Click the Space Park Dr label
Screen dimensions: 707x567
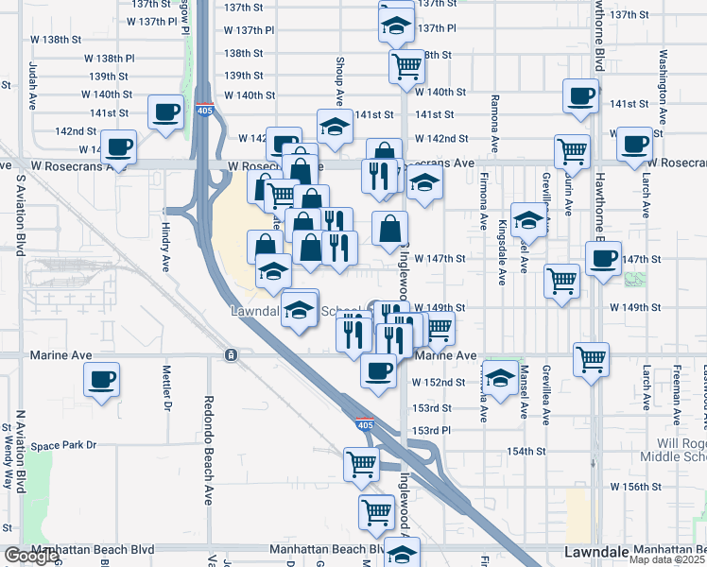click(x=63, y=445)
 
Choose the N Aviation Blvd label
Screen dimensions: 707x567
click(x=19, y=451)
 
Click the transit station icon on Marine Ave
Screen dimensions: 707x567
click(x=231, y=354)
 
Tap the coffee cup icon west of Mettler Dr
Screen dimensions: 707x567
click(x=101, y=380)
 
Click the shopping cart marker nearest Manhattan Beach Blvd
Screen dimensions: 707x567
click(x=376, y=511)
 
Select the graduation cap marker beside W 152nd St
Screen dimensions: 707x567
click(x=500, y=374)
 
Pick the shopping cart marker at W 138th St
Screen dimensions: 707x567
click(x=406, y=66)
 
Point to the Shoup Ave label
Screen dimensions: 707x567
click(x=338, y=79)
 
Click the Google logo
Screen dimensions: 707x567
click(x=30, y=557)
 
